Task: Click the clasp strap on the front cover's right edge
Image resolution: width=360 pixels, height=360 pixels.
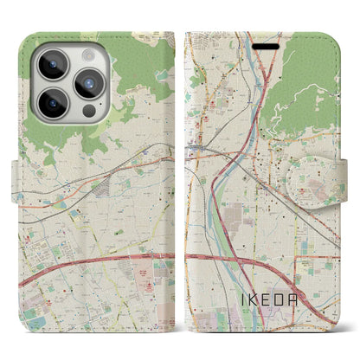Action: tap(334, 174)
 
